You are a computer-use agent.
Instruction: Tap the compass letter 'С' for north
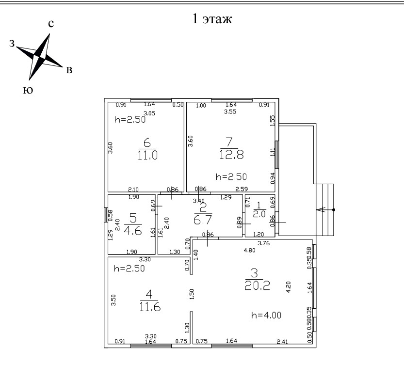click(50, 24)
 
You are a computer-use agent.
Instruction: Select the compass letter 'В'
click(69, 71)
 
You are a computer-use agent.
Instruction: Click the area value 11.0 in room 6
click(147, 155)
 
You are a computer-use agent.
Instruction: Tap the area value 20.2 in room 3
click(257, 285)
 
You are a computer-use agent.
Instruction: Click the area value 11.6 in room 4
click(149, 306)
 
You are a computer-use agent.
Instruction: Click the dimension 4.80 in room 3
click(249, 251)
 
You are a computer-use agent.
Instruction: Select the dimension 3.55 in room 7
click(229, 112)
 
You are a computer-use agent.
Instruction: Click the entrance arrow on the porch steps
click(321, 210)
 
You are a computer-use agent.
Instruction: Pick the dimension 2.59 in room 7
click(241, 189)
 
